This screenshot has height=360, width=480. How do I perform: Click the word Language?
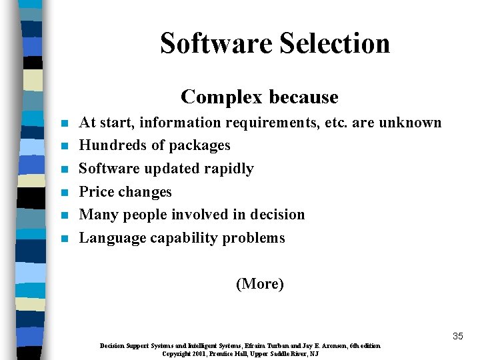coord(110,238)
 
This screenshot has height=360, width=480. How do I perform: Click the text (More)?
coord(260,284)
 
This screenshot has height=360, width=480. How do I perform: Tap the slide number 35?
coord(457,336)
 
